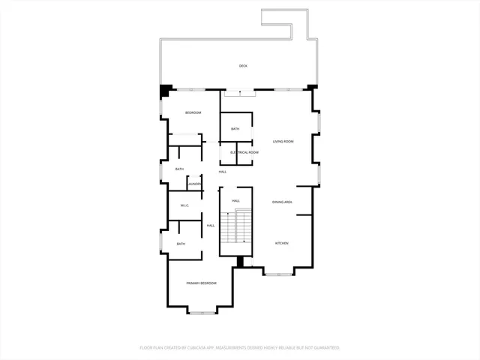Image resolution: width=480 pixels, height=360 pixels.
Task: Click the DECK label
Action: click(x=243, y=66)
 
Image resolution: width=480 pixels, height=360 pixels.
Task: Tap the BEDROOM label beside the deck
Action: click(x=193, y=112)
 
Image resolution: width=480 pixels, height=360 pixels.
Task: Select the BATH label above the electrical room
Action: click(x=235, y=129)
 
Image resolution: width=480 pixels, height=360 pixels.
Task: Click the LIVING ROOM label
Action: click(x=283, y=142)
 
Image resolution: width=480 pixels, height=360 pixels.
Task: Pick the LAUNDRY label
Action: click(x=195, y=184)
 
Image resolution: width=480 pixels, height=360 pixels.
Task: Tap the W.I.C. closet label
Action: click(x=184, y=205)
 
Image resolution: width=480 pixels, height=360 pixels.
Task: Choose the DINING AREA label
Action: click(x=282, y=202)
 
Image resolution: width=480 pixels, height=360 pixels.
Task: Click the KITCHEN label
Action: click(x=282, y=243)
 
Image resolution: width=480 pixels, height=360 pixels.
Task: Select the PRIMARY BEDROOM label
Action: click(x=202, y=283)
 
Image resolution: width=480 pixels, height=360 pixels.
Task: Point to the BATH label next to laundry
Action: click(x=179, y=169)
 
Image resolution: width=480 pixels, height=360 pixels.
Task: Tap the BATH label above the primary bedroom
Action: click(x=181, y=244)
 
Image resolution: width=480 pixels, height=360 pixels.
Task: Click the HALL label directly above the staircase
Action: click(x=235, y=201)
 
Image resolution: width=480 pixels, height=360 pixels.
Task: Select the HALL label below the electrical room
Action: click(x=223, y=172)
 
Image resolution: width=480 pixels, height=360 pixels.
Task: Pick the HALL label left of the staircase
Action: click(x=211, y=225)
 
